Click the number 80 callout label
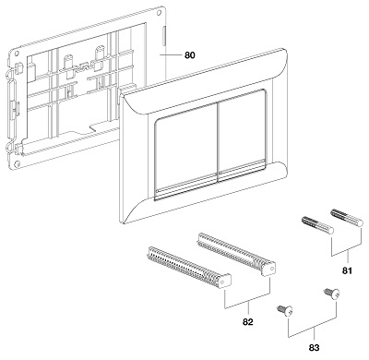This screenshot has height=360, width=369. coord(190,55)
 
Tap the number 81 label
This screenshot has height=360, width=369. coord(347,270)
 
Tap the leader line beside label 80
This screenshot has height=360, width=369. coord(172,55)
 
